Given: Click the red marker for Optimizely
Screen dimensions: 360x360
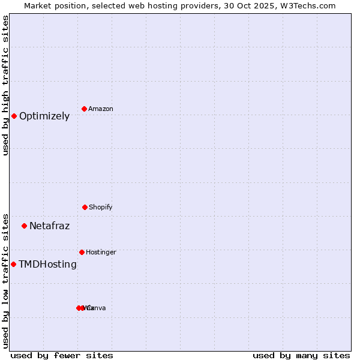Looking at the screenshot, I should click(x=14, y=116).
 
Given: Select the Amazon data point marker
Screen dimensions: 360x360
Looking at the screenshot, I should click(x=84, y=109).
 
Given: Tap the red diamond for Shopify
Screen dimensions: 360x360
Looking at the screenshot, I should click(x=85, y=207).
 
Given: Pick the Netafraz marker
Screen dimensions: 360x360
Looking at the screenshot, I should click(x=24, y=226).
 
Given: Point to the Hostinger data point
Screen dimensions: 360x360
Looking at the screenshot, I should click(x=82, y=252).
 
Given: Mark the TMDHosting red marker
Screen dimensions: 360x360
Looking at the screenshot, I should click(x=13, y=264).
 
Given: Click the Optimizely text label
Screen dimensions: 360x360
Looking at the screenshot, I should click(x=44, y=116).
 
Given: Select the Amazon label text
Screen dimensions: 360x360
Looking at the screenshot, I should click(x=101, y=109).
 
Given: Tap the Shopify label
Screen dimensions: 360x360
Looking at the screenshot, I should click(x=101, y=207).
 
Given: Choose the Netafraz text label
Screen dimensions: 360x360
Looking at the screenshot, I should click(x=49, y=226).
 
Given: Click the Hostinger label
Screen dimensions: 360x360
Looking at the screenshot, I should click(x=101, y=252).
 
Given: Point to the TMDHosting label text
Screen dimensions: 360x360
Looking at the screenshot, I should click(x=47, y=265).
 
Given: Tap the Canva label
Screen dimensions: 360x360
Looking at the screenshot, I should click(x=97, y=308).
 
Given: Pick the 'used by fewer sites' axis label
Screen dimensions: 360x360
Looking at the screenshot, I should click(x=62, y=355).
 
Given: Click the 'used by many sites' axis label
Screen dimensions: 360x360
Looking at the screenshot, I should click(x=301, y=355).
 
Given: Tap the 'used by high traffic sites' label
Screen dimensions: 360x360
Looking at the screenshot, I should click(x=5, y=86).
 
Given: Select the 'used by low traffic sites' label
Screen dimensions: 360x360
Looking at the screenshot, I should click(x=5, y=280).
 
